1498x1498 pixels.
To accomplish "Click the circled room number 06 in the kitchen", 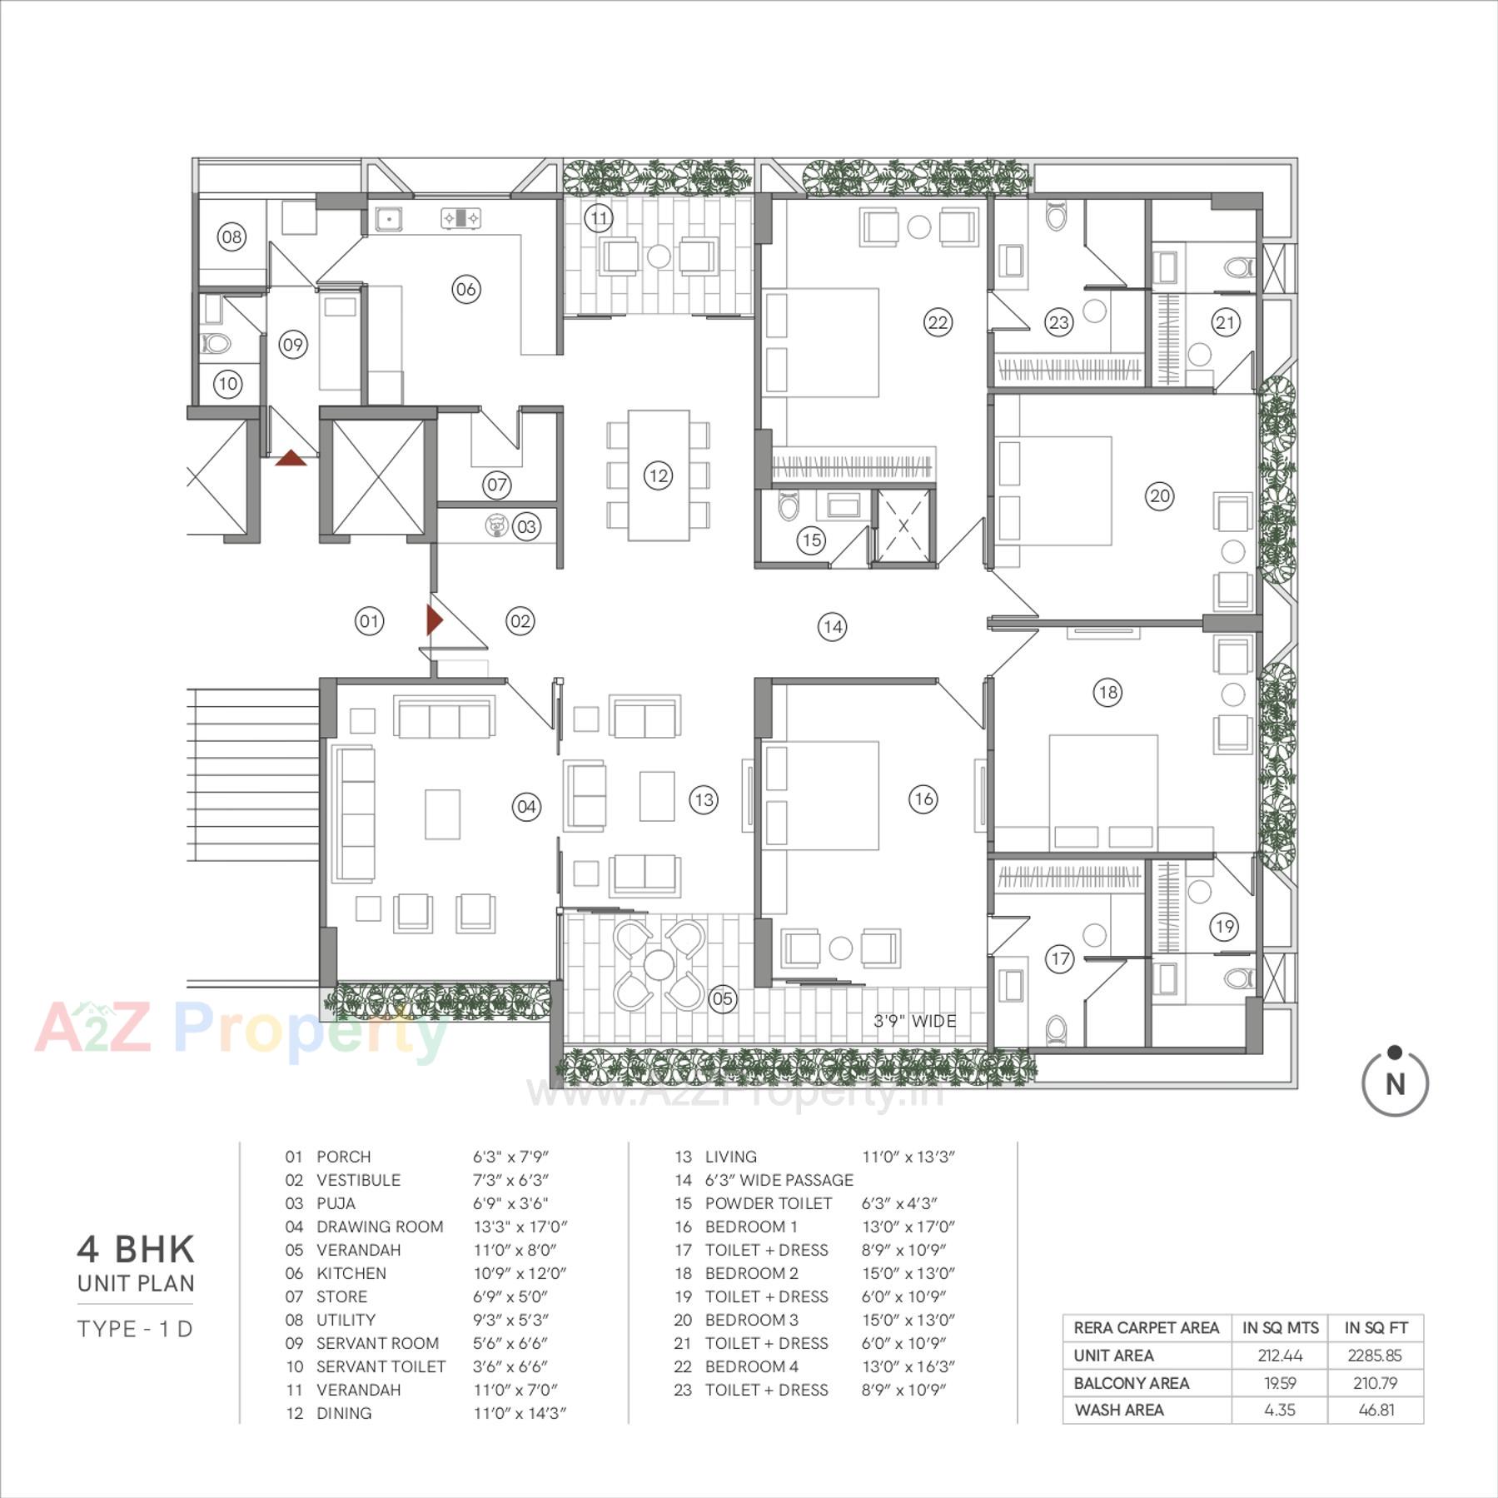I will click(465, 289).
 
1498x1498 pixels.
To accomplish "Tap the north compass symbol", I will click(1395, 1082).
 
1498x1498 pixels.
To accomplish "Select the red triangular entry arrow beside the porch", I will click(434, 620).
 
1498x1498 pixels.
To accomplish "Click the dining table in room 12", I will click(658, 475).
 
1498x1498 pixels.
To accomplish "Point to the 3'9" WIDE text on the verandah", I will click(914, 1021).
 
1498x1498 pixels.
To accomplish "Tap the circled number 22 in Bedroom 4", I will click(938, 322).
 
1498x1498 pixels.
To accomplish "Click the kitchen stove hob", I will click(460, 218).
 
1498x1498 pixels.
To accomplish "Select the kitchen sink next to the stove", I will click(388, 218).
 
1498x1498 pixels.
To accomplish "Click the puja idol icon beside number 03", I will click(496, 525).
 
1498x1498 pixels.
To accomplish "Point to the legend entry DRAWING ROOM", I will click(380, 1227).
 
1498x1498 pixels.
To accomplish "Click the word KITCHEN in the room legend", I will click(351, 1273).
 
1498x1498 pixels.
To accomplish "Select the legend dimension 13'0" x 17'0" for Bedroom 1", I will click(908, 1227).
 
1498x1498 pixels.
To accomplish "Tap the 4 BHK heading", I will click(136, 1249).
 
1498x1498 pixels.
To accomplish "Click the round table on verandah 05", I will click(659, 965).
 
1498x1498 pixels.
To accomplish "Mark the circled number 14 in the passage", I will click(832, 627).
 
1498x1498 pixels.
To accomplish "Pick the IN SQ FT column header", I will click(1376, 1327).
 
